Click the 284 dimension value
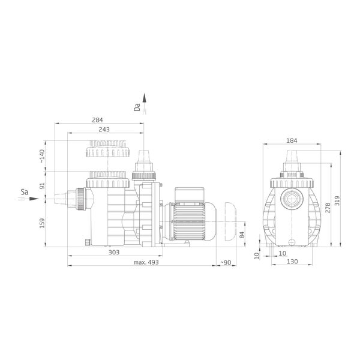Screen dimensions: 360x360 pyautogui.click(x=97, y=120)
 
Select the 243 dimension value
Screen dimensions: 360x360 pyautogui.click(x=104, y=130)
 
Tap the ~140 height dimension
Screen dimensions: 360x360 pyautogui.click(x=42, y=156)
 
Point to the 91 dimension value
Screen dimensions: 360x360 pyautogui.click(x=42, y=186)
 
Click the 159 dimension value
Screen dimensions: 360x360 pyautogui.click(x=42, y=223)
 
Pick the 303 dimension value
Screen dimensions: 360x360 pyautogui.click(x=114, y=253)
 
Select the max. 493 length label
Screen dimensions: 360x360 pyautogui.click(x=146, y=262)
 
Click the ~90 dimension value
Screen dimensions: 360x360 pyautogui.click(x=226, y=262)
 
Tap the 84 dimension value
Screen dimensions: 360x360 pyautogui.click(x=242, y=235)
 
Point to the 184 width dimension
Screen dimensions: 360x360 pyautogui.click(x=292, y=140)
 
